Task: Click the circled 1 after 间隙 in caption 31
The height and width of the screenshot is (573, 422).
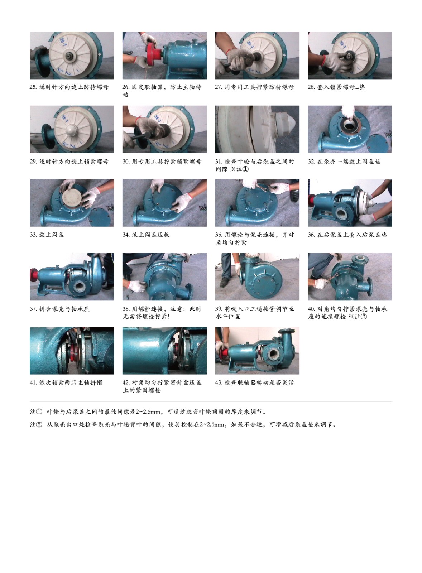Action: [x=245, y=169]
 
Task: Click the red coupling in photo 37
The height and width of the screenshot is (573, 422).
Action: [x=34, y=275]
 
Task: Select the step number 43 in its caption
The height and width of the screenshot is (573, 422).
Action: [x=219, y=382]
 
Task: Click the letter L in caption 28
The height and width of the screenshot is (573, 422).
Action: [x=357, y=87]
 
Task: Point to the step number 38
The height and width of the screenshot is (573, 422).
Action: [x=126, y=309]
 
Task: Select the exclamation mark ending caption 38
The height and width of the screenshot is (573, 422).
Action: [x=169, y=317]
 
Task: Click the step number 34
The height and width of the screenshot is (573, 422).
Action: [x=126, y=235]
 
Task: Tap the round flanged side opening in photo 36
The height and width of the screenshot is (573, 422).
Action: [x=342, y=213]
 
